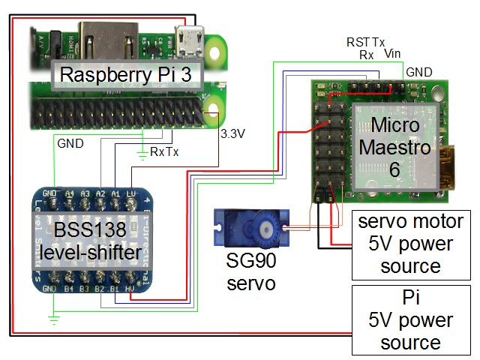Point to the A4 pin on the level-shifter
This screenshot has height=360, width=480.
pos(70,193)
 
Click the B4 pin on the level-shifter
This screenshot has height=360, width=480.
pos(70,288)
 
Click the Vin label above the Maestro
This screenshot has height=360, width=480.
pos(392,54)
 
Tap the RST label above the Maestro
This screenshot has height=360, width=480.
pos(356,43)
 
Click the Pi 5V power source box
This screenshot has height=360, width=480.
pos(410,320)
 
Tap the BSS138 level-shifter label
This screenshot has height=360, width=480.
pos(98,241)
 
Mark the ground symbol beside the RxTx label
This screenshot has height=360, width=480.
pos(143,157)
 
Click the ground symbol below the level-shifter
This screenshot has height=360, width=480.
pos(53,319)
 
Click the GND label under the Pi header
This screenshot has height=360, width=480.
pos(69,141)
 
